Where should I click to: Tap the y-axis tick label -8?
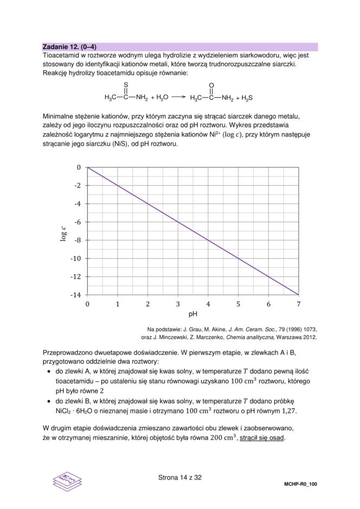78,240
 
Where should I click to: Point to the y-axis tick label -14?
76,295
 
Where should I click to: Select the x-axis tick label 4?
208,305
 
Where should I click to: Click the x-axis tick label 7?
299,305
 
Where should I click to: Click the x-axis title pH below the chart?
192,314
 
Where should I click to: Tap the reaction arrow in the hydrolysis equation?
178,98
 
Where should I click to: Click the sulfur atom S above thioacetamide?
126,85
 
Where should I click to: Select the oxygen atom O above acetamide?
211,85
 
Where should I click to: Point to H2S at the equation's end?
247,98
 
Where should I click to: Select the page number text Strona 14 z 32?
180,478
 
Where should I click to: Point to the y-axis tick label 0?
79,167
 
